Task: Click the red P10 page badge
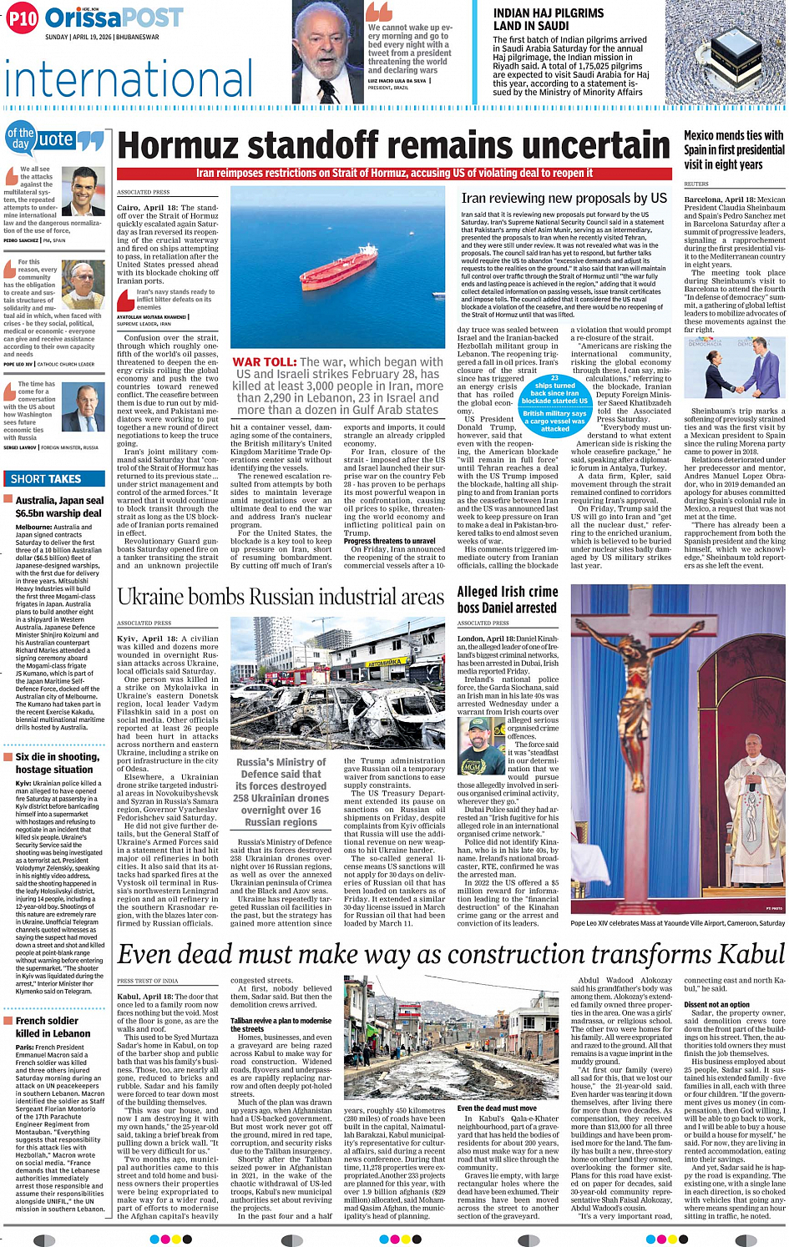[23, 18]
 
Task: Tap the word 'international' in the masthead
[129, 79]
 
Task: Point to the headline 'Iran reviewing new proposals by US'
[564, 199]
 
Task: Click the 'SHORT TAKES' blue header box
[46, 478]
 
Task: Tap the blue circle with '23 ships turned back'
[554, 390]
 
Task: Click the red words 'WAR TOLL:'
[264, 362]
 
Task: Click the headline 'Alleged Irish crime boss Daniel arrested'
[508, 599]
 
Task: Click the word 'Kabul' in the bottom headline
[740, 953]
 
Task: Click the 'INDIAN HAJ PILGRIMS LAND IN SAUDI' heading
[549, 19]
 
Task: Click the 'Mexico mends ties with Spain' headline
[733, 149]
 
